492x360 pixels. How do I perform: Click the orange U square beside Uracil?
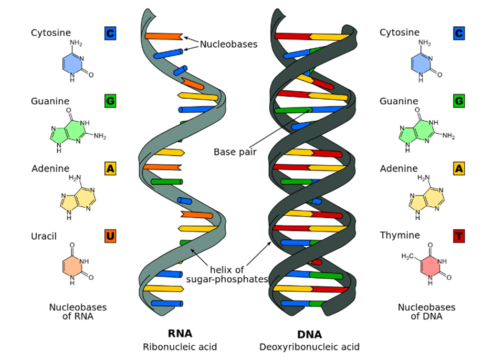click(110, 236)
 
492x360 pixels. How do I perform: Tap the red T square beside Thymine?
click(459, 236)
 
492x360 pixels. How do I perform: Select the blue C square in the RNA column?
click(110, 34)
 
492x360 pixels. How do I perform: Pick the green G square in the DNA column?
click(459, 101)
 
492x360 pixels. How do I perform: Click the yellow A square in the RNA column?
click(110, 168)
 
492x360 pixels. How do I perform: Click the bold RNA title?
click(180, 334)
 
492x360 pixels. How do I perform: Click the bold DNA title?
click(309, 334)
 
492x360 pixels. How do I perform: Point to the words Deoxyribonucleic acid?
click(309, 347)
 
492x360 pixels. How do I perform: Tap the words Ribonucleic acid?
click(180, 347)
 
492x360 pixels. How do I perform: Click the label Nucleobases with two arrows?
click(228, 45)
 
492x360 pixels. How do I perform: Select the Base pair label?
click(235, 152)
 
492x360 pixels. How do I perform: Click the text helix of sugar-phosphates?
click(228, 274)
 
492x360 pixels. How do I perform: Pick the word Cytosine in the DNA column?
click(399, 33)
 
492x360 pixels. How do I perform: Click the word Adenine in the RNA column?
click(50, 168)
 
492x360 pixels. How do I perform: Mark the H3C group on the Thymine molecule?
click(408, 256)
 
